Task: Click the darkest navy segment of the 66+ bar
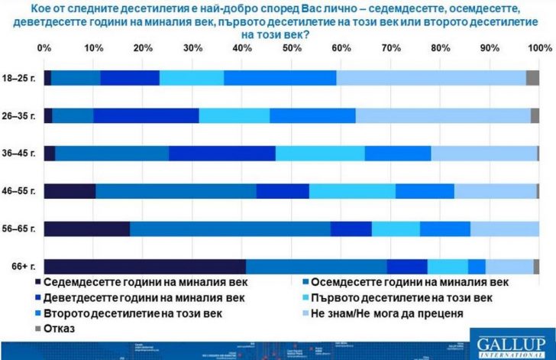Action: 145,266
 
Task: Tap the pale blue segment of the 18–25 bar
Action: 431,78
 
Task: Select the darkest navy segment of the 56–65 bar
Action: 87,229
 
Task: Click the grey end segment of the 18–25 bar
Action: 533,78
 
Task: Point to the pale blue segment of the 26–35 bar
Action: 443,115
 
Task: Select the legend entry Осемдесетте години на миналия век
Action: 412,283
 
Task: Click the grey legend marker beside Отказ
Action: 48,328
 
